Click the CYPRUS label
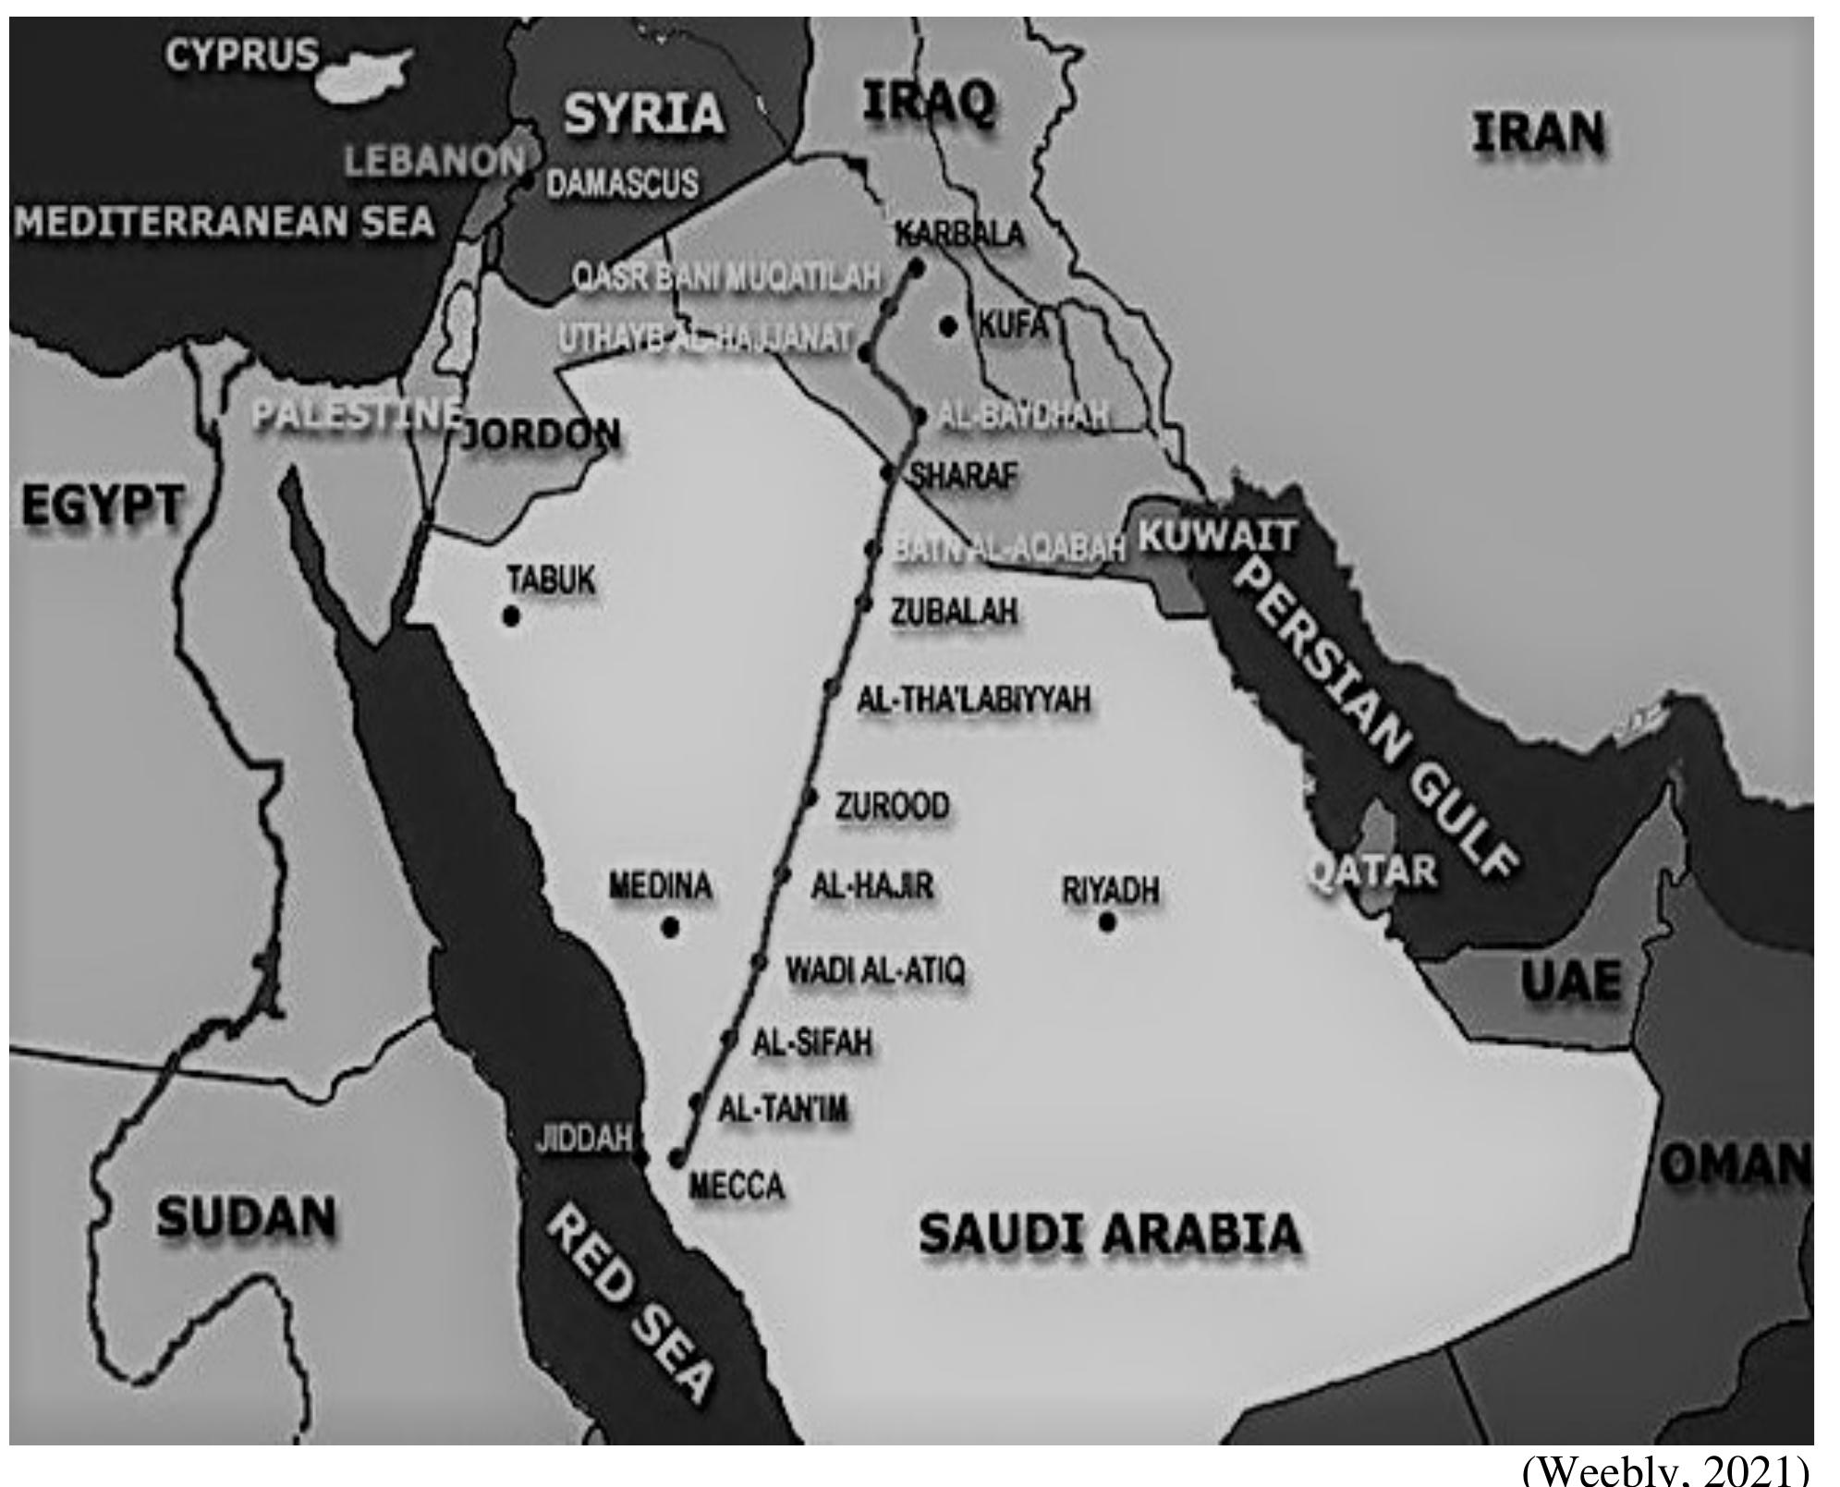242,56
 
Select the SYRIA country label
644,115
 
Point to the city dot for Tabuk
510,616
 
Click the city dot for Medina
671,927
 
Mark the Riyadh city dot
1107,921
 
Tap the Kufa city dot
947,326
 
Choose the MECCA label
737,1186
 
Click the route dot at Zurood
810,798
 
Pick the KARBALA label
959,235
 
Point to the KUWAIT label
1217,537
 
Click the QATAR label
1373,871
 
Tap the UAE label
1571,981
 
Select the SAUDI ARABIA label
1109,1235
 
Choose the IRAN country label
1538,135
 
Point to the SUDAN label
246,1216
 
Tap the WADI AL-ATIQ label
874,971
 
